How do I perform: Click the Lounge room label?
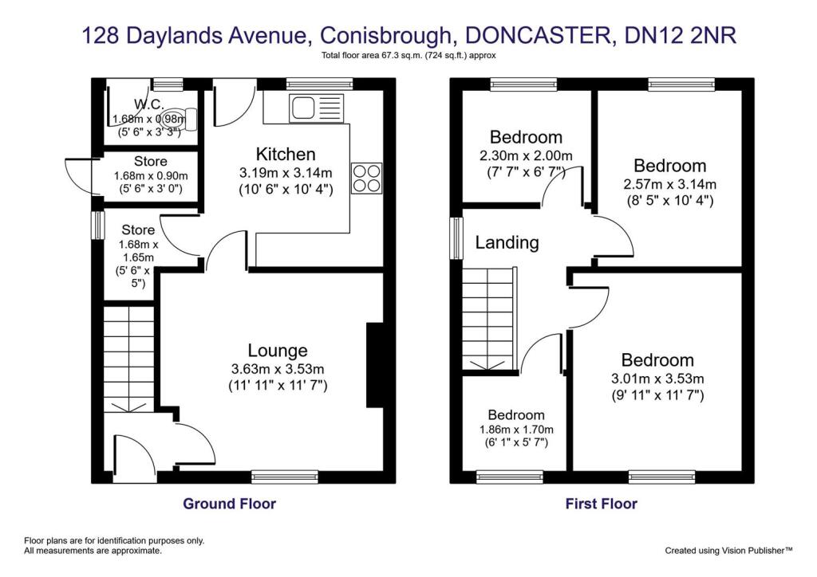click(x=277, y=351)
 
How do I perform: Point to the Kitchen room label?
click(x=286, y=154)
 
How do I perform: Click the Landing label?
click(x=507, y=242)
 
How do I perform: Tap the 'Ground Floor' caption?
click(x=230, y=504)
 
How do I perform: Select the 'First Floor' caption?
click(x=602, y=504)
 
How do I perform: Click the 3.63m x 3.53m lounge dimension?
click(x=278, y=369)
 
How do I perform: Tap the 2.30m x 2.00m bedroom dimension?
click(x=526, y=155)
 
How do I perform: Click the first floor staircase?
click(x=490, y=319)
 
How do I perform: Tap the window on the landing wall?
click(x=457, y=238)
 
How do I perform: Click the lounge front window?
click(x=285, y=477)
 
